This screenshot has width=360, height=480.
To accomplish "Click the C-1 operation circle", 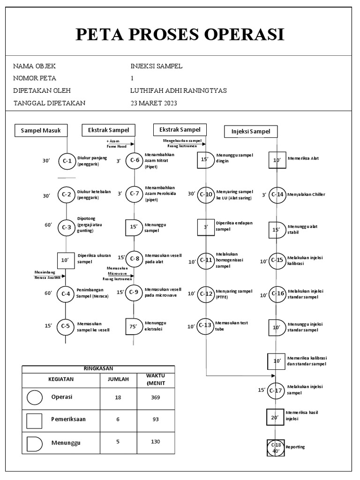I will [67, 161].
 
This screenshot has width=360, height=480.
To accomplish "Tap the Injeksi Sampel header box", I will [251, 132].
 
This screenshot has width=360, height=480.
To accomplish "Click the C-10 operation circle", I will [206, 194].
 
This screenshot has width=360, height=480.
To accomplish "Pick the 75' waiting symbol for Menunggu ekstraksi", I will [135, 327].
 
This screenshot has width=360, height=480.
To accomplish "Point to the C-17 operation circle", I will [277, 390].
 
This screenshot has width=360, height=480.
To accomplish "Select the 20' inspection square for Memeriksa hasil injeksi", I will [276, 416].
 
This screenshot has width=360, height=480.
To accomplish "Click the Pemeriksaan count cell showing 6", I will [118, 420].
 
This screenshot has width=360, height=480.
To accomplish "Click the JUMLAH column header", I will [118, 379].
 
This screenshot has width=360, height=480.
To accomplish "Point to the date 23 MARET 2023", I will [154, 103].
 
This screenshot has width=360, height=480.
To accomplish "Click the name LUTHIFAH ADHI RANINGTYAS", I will [178, 90].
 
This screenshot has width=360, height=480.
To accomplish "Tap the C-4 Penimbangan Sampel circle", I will [66, 294].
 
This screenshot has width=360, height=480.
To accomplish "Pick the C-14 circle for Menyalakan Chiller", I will [277, 195].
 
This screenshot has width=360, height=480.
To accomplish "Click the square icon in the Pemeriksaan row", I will [35, 420].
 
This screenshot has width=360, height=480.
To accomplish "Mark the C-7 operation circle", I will [135, 194].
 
